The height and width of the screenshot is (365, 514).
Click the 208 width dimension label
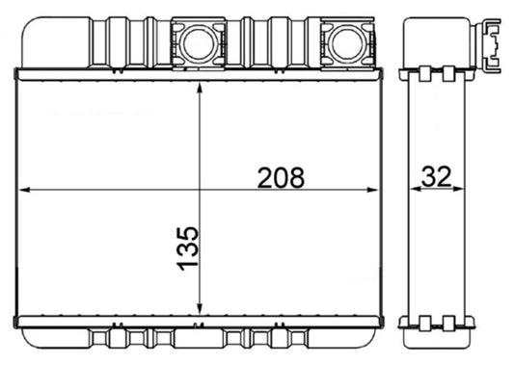point(281,177)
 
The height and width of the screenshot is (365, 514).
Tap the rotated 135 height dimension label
point(188,248)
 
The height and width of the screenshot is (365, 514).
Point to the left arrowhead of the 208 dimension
point(25,191)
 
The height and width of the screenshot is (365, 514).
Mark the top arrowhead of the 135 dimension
point(199,88)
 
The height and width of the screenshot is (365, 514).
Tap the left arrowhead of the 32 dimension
point(416,191)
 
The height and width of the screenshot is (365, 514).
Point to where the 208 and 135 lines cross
point(199,191)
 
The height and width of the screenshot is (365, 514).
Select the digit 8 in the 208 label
point(295,177)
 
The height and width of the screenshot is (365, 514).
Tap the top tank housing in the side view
point(439,39)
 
